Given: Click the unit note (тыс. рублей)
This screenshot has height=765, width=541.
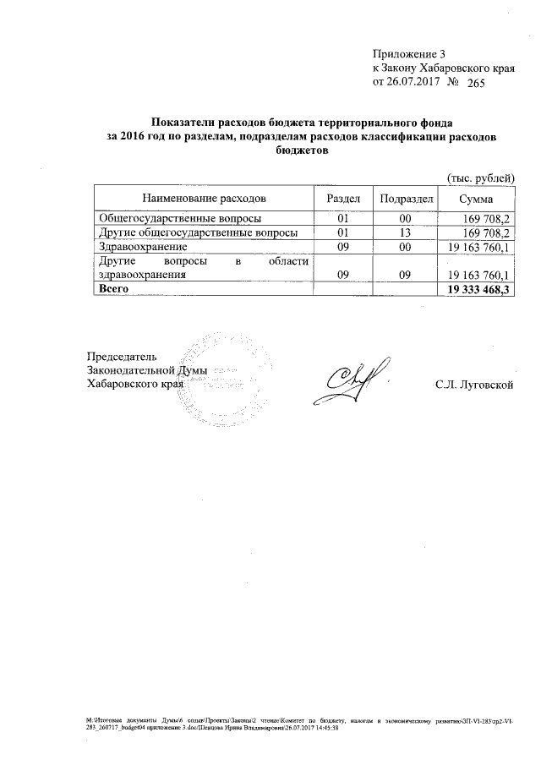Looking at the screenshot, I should (480, 176).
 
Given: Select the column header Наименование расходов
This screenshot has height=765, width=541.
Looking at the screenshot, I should (203, 197).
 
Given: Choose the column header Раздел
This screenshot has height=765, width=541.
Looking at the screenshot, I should (343, 197).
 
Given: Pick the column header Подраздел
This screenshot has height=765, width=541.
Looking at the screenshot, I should (406, 197).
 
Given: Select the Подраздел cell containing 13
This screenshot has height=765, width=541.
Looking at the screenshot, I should (405, 232).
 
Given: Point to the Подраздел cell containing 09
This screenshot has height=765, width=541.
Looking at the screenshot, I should (405, 276).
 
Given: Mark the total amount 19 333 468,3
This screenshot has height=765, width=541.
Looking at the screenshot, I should (478, 290).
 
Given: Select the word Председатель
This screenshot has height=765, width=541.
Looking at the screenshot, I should (122, 356).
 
